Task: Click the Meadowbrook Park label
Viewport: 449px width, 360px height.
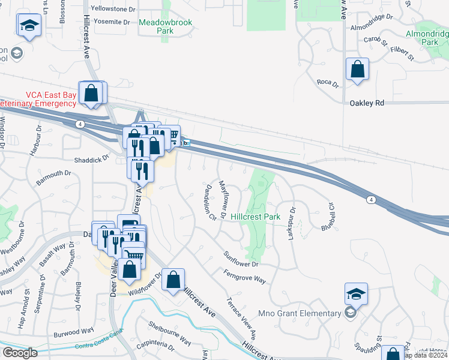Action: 156,26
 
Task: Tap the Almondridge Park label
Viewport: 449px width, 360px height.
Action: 429,38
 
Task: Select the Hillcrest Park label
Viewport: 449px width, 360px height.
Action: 256,216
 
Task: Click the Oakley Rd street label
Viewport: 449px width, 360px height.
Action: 366,103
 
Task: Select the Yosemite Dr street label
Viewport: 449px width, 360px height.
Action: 109,22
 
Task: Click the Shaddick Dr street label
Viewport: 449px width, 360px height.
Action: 91,159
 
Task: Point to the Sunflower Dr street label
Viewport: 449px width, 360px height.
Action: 241,260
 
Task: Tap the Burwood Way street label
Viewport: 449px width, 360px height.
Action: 74,332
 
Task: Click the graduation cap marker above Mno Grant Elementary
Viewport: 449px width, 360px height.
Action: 355,294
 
